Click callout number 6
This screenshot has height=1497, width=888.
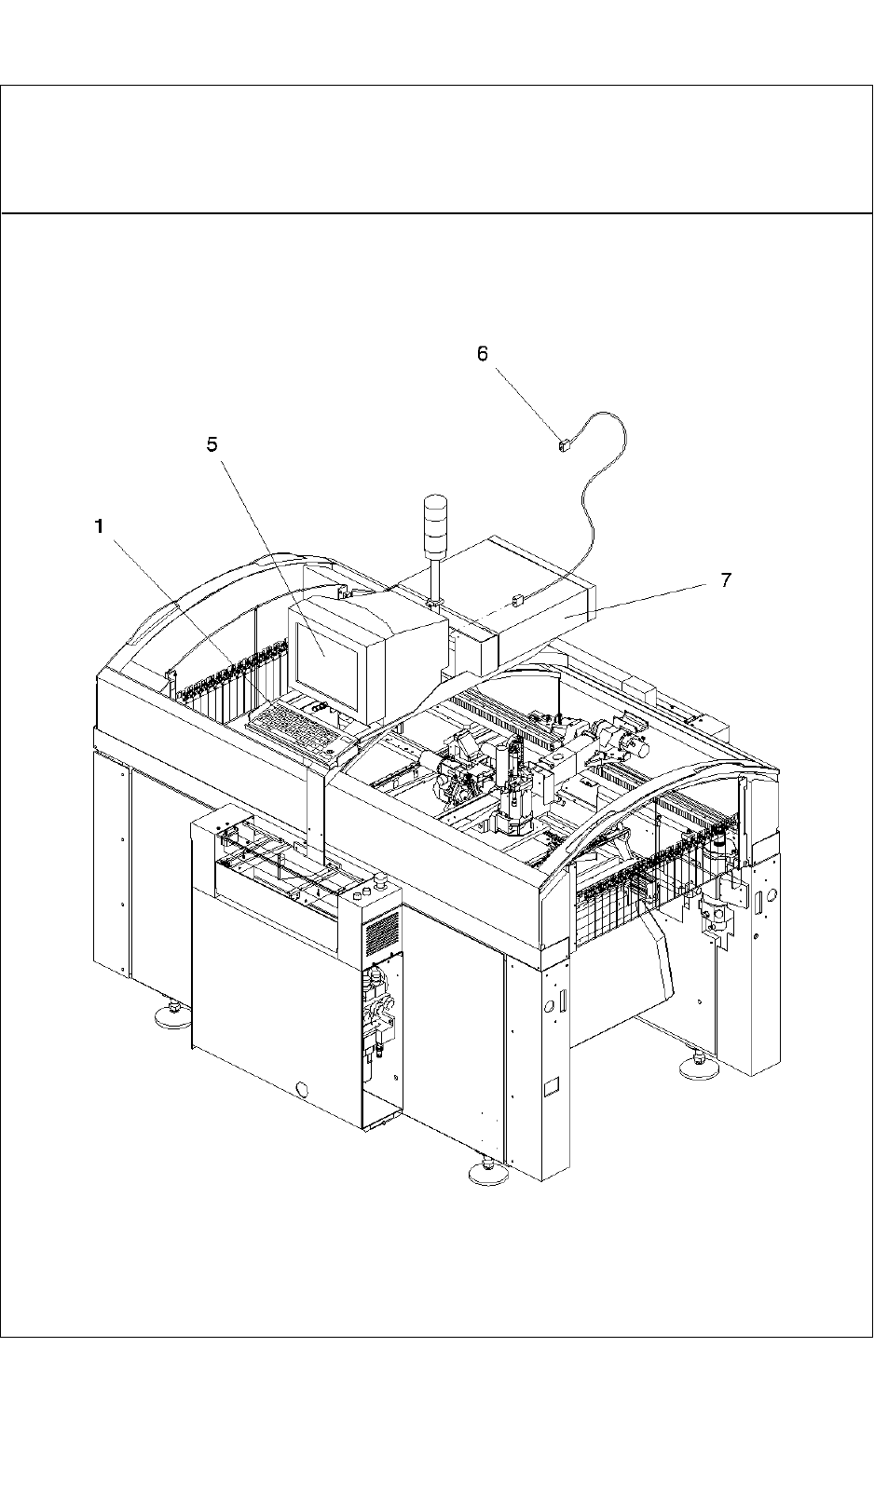coord(482,354)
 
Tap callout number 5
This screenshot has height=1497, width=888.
coord(212,444)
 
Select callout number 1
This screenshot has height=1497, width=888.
coord(99,527)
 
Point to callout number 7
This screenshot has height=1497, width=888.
coord(726,579)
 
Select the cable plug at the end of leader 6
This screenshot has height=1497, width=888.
coord(562,446)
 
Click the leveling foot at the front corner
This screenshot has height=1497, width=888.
coord(486,1173)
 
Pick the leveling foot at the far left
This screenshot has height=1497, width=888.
coord(171,1016)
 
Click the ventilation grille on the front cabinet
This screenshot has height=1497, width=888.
coord(382,932)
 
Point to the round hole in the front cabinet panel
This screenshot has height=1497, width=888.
coord(301,1089)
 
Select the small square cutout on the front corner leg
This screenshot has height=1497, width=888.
coord(550,1085)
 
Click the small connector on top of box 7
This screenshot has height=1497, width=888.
coord(519,602)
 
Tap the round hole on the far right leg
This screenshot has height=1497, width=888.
coord(758,900)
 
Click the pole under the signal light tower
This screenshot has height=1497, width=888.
coord(435,578)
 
